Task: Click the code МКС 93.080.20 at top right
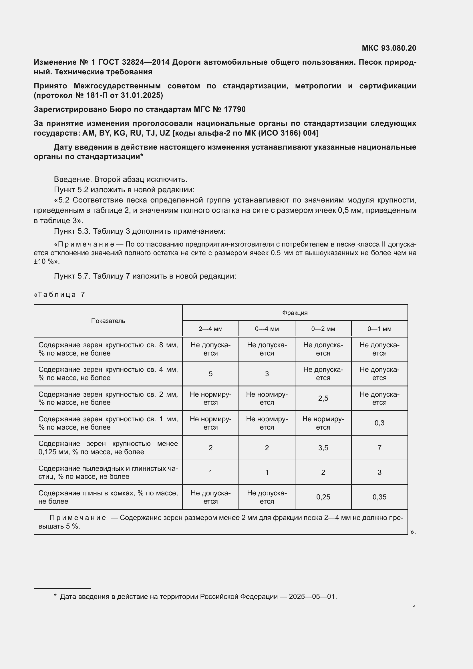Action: pyautogui.click(x=389, y=48)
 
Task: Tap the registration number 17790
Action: pyautogui.click(x=234, y=109)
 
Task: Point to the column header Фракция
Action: pyautogui.click(x=295, y=313)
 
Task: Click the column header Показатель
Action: pyautogui.click(x=108, y=321)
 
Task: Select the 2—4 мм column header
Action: pyautogui.click(x=210, y=329)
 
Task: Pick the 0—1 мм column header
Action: pyautogui.click(x=379, y=329)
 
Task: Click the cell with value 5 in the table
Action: pyautogui.click(x=210, y=374)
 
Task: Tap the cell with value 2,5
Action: pyautogui.click(x=323, y=398)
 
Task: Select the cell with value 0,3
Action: pyautogui.click(x=379, y=423)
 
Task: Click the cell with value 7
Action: pyautogui.click(x=379, y=448)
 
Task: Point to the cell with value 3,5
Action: pyautogui.click(x=323, y=448)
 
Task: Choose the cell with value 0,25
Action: pyautogui.click(x=323, y=497)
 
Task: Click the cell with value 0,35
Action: pyautogui.click(x=379, y=497)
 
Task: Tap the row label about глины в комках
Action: pyautogui.click(x=108, y=497)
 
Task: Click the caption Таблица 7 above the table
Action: pyautogui.click(x=60, y=295)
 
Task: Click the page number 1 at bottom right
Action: pyautogui.click(x=414, y=608)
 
